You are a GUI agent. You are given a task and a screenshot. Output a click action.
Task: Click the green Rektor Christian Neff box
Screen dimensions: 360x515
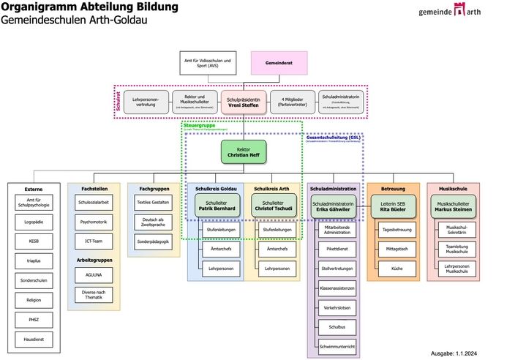tap(244, 152)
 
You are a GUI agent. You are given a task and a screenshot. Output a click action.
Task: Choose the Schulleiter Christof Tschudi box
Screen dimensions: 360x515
tap(272, 205)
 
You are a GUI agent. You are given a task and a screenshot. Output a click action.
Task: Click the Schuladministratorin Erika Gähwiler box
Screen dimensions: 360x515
tap(333, 206)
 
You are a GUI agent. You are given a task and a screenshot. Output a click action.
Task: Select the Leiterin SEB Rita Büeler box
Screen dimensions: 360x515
tap(393, 206)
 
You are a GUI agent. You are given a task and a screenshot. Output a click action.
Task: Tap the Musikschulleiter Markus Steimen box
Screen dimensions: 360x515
tap(454, 206)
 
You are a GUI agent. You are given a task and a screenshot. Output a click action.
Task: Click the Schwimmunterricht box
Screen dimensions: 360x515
tap(333, 345)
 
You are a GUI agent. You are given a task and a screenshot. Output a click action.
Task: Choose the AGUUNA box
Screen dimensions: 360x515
tap(94, 275)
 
